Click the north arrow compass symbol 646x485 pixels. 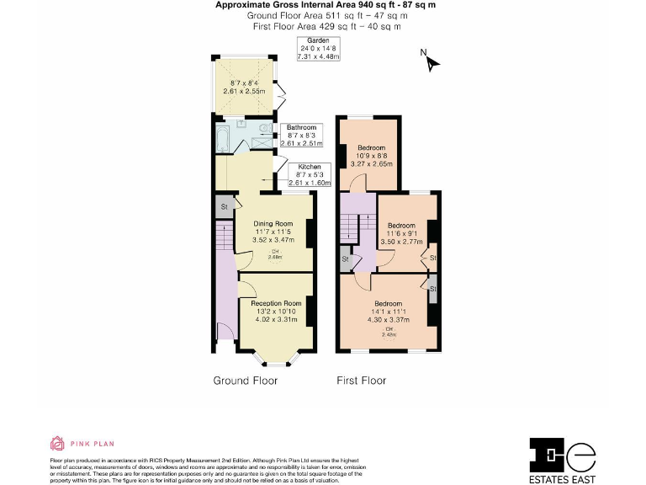click(430, 61)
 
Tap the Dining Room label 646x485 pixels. click(273, 223)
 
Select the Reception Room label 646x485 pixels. click(275, 303)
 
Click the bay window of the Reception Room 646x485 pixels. click(277, 361)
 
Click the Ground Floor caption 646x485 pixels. click(245, 381)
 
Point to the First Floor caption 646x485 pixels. click(361, 381)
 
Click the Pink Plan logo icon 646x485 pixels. click(57, 443)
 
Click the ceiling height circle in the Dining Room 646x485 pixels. click(275, 254)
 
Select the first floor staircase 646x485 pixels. click(352, 226)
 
